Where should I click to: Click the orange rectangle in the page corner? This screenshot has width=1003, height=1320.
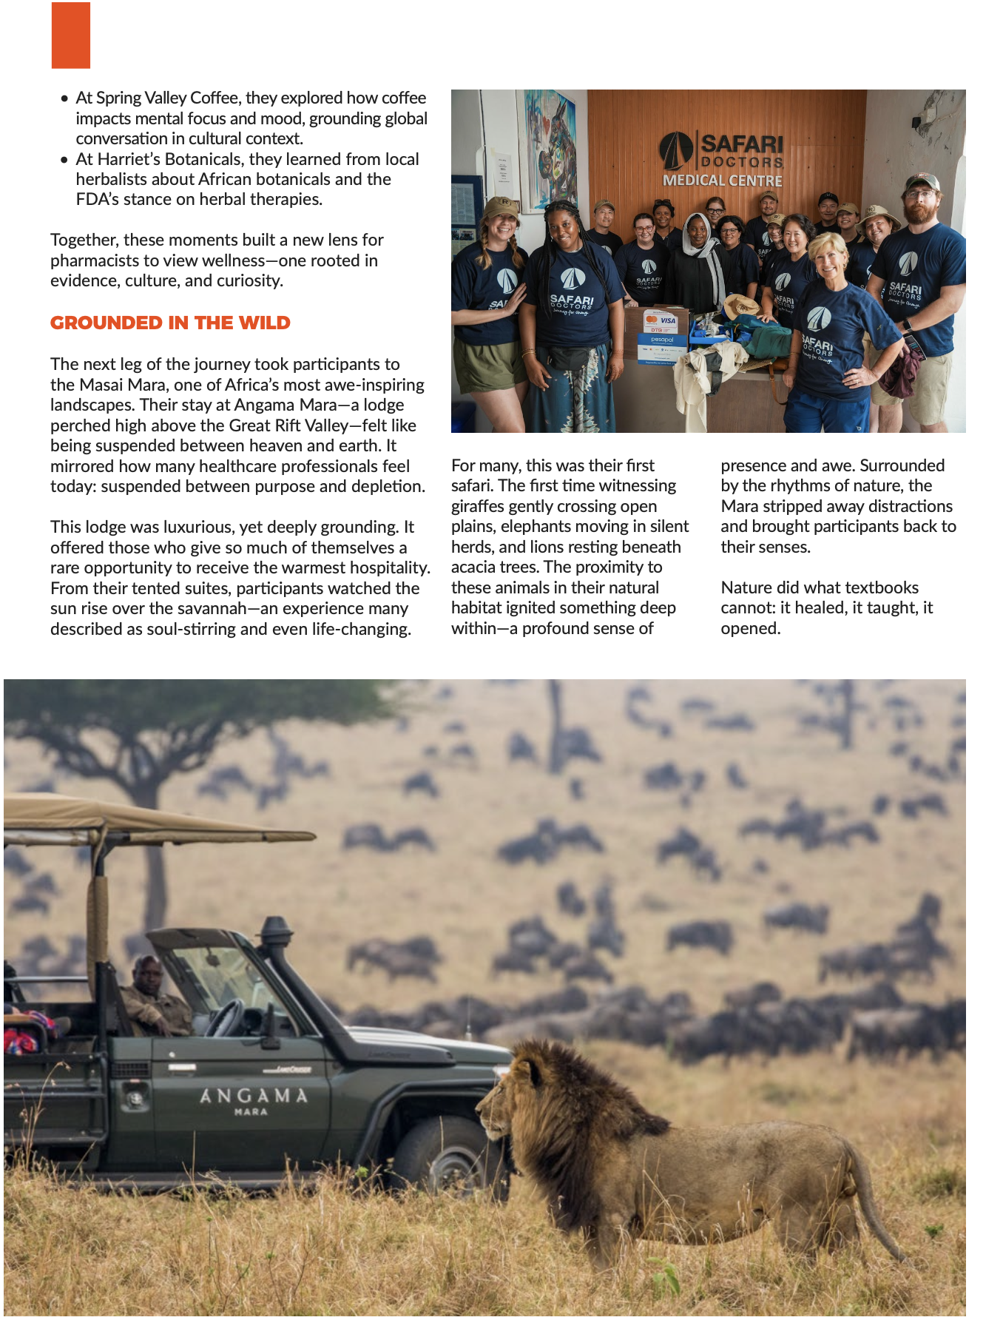click(x=71, y=36)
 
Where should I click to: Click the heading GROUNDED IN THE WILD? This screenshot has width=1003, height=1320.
click(x=170, y=323)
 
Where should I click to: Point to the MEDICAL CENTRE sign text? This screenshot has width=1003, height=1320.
click(x=722, y=181)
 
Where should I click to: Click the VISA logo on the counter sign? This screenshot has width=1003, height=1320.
click(x=668, y=320)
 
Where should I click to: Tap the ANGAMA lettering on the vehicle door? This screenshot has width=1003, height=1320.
click(x=253, y=1095)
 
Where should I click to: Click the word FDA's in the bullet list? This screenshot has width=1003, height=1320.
click(x=97, y=200)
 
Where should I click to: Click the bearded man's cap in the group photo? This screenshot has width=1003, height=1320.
click(x=922, y=181)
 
